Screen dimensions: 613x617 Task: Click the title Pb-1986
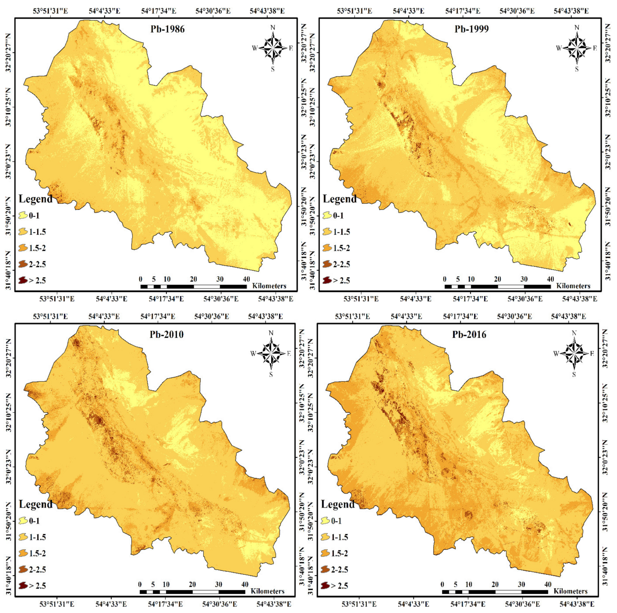(167, 29)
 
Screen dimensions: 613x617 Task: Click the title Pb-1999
(471, 29)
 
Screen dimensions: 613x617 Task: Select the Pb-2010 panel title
(166, 334)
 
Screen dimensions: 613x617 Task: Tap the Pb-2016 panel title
(469, 334)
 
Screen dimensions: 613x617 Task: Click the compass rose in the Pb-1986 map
(272, 48)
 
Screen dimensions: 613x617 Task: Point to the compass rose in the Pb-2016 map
(574, 353)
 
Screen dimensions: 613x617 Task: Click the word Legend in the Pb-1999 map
(339, 199)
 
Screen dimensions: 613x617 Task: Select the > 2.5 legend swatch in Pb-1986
(23, 281)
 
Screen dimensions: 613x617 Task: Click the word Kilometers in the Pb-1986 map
(269, 286)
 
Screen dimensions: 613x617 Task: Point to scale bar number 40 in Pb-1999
(550, 279)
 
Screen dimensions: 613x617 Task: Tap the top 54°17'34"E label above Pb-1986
(159, 11)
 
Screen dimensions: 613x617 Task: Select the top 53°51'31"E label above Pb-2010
(50, 316)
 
